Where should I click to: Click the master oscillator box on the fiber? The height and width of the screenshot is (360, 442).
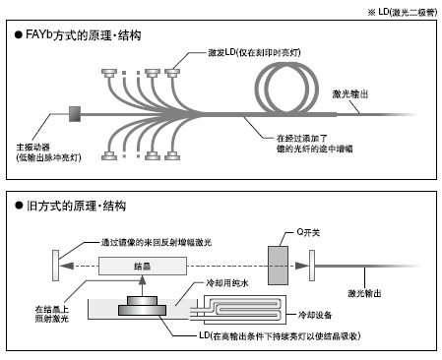[75, 114]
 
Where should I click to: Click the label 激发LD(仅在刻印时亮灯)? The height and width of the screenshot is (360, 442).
[254, 52]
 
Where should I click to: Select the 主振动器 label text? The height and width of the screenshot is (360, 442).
[33, 148]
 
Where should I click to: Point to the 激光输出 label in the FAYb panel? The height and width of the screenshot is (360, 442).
[350, 94]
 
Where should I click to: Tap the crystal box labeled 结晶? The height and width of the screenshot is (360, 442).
[143, 266]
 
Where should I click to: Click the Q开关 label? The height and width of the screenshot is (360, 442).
[308, 232]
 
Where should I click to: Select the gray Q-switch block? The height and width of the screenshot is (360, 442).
[279, 266]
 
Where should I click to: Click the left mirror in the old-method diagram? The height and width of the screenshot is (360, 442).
[56, 266]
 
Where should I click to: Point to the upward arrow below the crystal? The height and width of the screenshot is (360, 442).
[142, 286]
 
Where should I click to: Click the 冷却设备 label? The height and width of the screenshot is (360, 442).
[315, 315]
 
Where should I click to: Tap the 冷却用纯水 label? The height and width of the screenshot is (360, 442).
[227, 283]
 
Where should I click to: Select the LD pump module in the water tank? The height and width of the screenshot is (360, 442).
[142, 306]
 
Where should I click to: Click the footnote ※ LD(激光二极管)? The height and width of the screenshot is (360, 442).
[403, 13]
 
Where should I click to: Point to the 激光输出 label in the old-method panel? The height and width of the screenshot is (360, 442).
[364, 293]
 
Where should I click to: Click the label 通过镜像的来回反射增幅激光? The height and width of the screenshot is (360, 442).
[157, 243]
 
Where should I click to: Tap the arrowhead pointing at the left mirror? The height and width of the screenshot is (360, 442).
[67, 266]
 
